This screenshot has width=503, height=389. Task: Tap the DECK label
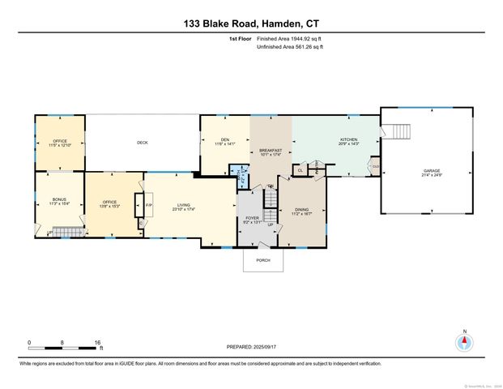[x=143, y=143]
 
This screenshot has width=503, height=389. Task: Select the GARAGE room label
[x=432, y=171]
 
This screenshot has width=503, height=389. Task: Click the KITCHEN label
[x=348, y=139]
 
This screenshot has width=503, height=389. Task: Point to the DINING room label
[x=302, y=209]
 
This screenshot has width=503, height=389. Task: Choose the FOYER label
[x=252, y=217]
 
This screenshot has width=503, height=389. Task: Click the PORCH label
[x=263, y=260]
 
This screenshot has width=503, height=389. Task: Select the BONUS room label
[x=59, y=200]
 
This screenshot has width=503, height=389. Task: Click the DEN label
[x=225, y=140]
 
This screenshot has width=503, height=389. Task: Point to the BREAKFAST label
[x=271, y=151]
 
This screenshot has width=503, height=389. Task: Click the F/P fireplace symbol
[x=148, y=204]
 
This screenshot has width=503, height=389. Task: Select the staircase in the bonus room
[x=70, y=233]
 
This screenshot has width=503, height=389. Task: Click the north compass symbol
[x=464, y=341]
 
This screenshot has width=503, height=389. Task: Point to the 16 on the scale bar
[x=98, y=343]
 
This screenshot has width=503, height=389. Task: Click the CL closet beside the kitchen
[x=301, y=170]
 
